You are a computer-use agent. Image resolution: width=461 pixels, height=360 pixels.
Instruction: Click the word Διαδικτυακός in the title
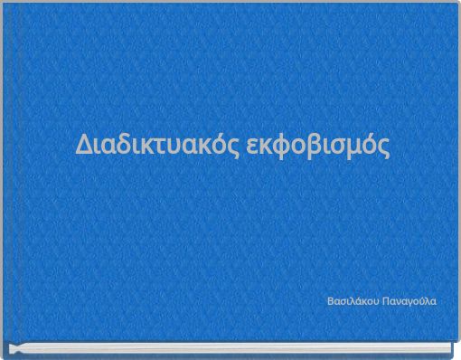pos(157,145)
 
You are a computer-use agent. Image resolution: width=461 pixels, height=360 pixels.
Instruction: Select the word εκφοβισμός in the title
pos(318,145)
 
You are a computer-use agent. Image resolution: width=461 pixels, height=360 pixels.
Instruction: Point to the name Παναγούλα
pos(409,299)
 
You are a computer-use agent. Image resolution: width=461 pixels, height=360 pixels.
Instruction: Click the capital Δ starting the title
pos(82,145)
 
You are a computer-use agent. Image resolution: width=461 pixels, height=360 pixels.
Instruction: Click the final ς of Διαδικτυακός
pos(234,147)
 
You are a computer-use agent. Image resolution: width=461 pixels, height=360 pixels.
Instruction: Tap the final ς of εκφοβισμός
pos(387,147)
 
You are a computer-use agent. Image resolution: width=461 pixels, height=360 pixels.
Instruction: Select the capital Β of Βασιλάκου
pos(330,299)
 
